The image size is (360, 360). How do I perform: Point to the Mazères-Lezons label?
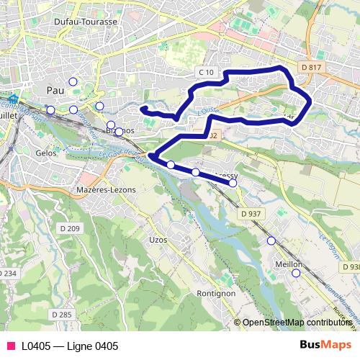click(x=105, y=189)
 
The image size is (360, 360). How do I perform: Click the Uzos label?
click(x=157, y=238)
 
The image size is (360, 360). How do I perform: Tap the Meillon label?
click(x=288, y=264)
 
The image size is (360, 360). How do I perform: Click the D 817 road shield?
click(x=312, y=66)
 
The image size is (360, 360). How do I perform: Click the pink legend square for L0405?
click(x=9, y=346)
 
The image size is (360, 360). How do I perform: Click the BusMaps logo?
click(x=325, y=346)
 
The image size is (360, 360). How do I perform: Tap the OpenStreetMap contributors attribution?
click(x=296, y=323)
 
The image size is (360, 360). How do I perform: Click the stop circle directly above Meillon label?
click(x=271, y=241)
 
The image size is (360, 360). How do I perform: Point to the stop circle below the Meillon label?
click(x=295, y=274)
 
